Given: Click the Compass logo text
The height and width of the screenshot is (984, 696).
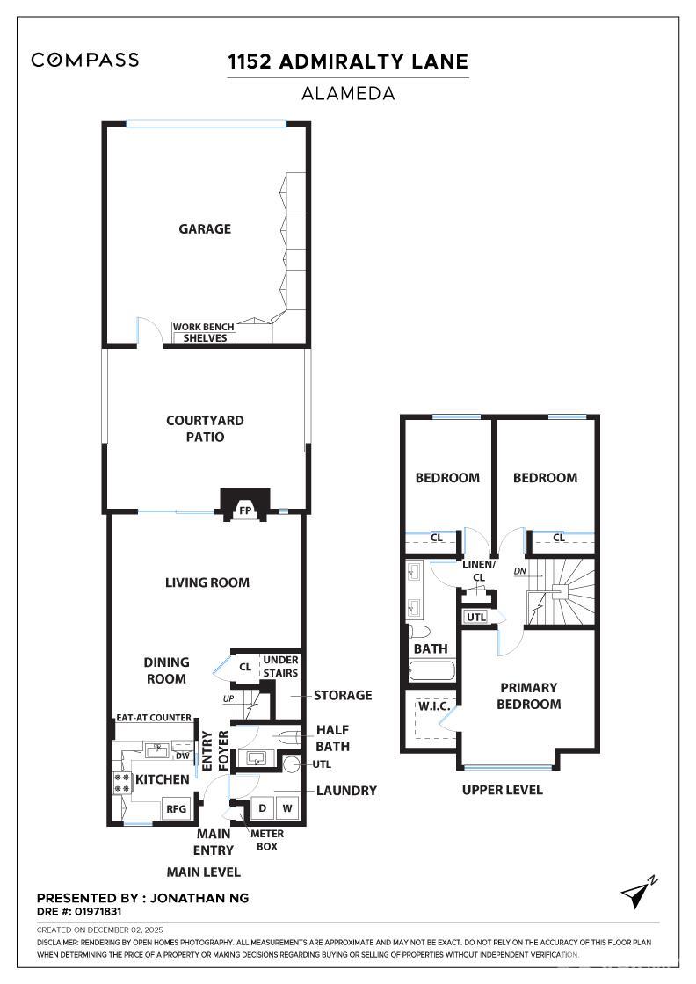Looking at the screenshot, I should (x=84, y=60).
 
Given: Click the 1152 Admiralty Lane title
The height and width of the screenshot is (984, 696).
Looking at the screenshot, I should (x=347, y=61).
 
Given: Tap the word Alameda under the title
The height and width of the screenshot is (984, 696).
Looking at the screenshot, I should (x=347, y=92).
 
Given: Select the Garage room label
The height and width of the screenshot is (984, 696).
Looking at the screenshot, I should (x=205, y=228).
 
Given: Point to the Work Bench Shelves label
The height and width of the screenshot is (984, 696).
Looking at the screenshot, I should (x=204, y=332).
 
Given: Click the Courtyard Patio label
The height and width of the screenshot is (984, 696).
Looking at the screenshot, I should (x=205, y=429).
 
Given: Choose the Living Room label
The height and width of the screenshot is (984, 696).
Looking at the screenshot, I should (x=207, y=582).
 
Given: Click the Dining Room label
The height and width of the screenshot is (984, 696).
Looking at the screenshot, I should (x=166, y=670).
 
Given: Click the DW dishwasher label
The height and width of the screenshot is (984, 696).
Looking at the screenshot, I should (x=182, y=756).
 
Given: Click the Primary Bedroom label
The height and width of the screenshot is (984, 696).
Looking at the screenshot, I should (x=528, y=696).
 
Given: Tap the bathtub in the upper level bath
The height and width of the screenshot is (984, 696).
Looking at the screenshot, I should (x=431, y=672).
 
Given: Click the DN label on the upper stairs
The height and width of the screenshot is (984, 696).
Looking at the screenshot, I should (x=520, y=571).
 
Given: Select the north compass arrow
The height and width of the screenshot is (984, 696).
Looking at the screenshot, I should (x=638, y=892).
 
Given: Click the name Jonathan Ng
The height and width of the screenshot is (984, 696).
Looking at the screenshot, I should (x=200, y=898).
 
